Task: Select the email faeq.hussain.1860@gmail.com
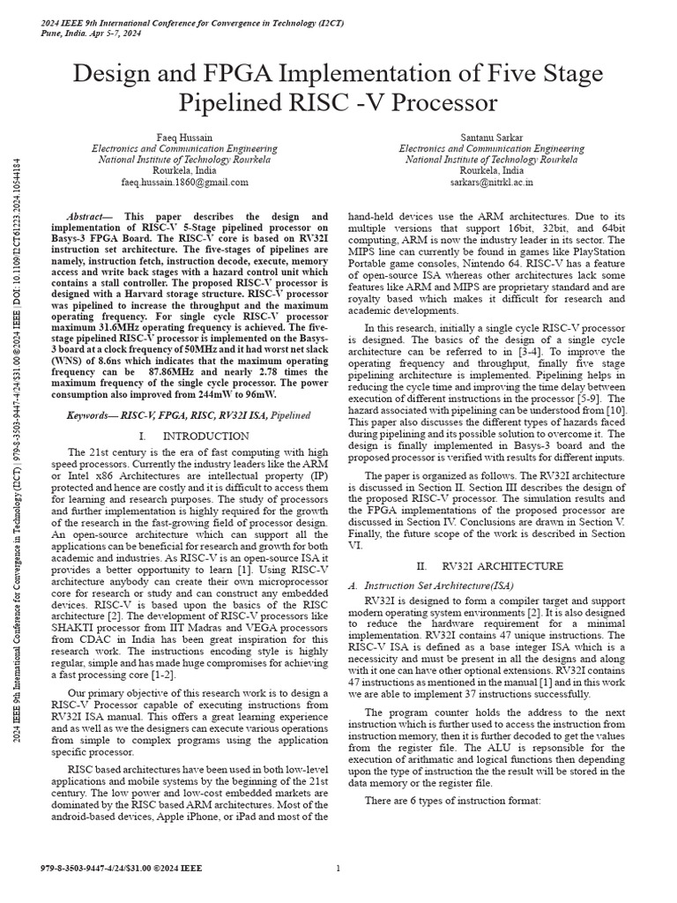[184, 183]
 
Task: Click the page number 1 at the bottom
[338, 869]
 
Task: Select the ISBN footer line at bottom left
[121, 869]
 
